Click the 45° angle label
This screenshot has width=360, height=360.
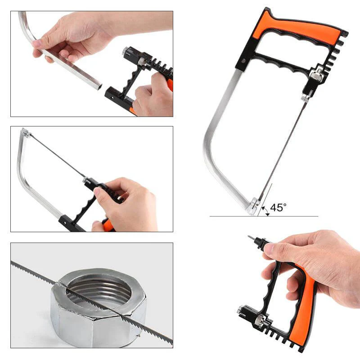coord(278,207)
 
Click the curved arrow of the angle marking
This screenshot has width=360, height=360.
coord(265,211)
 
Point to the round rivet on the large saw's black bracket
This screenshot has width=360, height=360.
coord(244,61)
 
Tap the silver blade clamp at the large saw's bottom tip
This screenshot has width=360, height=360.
coord(252,206)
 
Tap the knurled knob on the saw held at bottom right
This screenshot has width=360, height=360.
coord(260,319)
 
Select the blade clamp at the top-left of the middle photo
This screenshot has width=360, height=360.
coord(26,132)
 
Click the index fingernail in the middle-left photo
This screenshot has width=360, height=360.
coord(97,191)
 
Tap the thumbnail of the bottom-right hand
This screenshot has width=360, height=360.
coord(268,248)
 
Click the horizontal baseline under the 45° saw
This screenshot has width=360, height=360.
coord(264,216)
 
